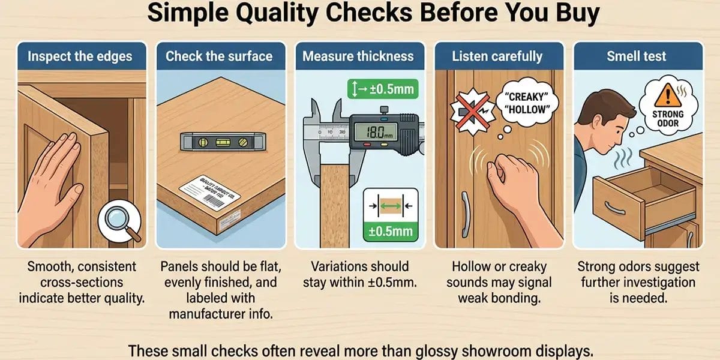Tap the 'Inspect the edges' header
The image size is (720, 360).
(80, 56)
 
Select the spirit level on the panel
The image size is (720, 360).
(219, 142)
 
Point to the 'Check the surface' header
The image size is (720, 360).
(219, 56)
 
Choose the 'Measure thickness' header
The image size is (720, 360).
(358, 56)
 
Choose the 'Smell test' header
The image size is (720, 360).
(637, 56)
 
